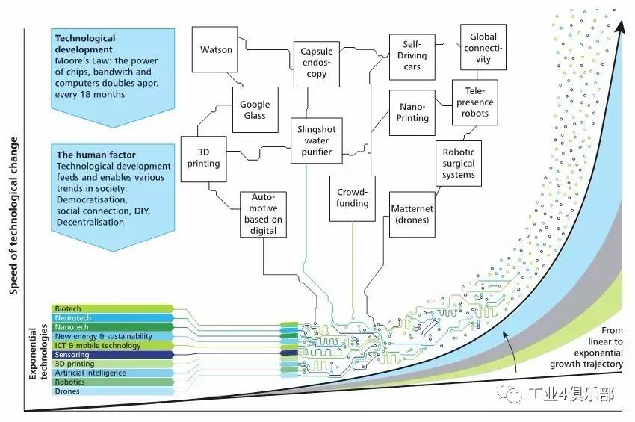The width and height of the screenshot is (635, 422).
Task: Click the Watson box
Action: tap(217, 50)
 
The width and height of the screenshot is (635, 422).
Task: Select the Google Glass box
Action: tap(255, 111)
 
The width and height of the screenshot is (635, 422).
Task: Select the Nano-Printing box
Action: tap(414, 112)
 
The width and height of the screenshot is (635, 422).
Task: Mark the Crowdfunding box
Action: tap(353, 198)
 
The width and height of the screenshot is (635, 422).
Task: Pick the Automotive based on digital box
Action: tap(264, 214)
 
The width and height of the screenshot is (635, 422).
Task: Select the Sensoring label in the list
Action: tap(72, 354)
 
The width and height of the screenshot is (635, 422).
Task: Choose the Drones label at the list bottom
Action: tap(67, 391)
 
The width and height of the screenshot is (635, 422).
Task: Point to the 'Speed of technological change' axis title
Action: tap(13, 217)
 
